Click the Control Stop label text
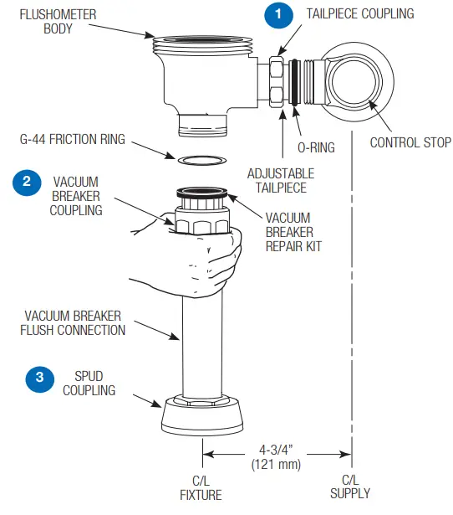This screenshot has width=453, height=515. [410, 142]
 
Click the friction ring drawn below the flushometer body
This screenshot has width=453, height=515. [202, 159]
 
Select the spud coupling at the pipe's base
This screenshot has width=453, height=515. [202, 416]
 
